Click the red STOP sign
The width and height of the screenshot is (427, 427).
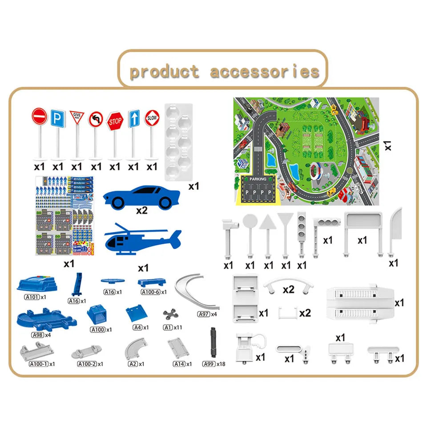tap(115, 121)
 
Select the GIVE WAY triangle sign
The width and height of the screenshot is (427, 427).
tap(77, 117)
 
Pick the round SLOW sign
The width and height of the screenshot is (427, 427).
tap(152, 118)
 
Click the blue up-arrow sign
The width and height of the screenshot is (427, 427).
tap(134, 119)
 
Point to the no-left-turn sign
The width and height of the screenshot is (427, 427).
tap(96, 119)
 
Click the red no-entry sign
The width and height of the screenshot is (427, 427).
tap(39, 117)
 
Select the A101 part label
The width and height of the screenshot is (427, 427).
tap(32, 297)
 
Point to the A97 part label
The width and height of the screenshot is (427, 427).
tap(204, 314)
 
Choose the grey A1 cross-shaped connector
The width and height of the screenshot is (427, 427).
tap(169, 314)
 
